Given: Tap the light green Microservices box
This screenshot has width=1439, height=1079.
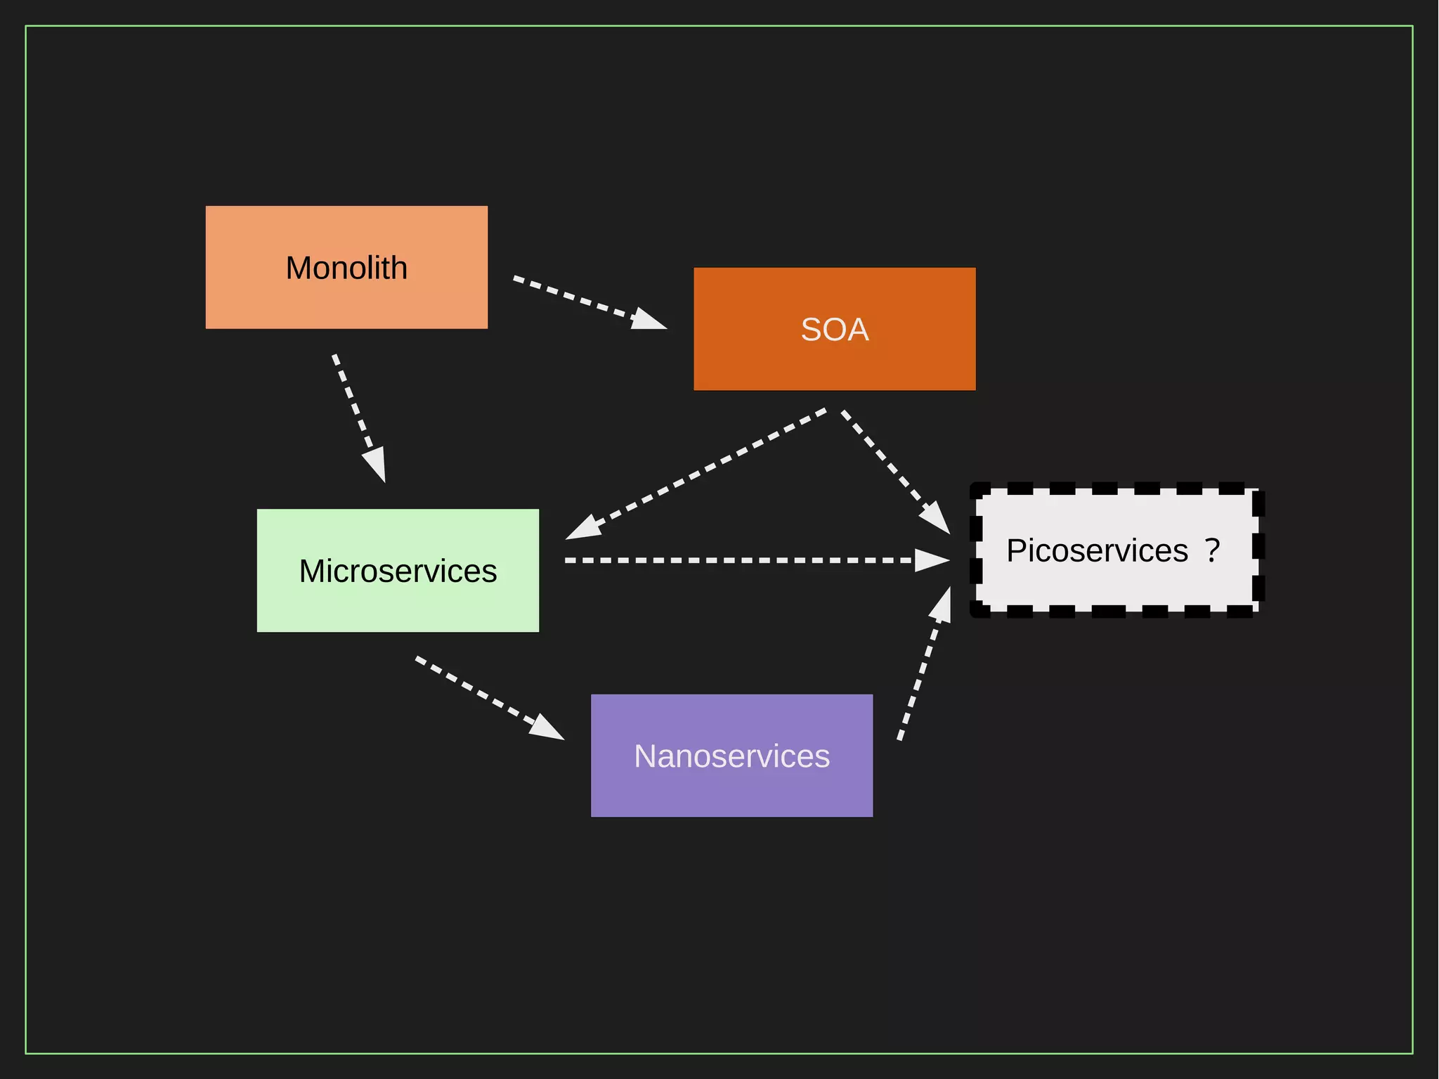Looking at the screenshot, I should click(x=398, y=605).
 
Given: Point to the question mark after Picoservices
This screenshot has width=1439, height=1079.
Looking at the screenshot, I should click(x=1212, y=550).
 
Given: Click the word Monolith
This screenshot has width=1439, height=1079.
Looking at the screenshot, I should click(x=346, y=268).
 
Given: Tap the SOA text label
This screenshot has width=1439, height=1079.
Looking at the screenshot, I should click(x=835, y=330).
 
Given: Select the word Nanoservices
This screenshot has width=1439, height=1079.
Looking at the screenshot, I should click(x=731, y=756).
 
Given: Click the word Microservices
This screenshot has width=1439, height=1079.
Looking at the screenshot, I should click(x=398, y=571).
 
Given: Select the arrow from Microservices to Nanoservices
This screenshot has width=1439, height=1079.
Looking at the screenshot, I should click(x=485, y=695).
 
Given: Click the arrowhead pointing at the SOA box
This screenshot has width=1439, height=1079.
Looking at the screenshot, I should click(x=649, y=320).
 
